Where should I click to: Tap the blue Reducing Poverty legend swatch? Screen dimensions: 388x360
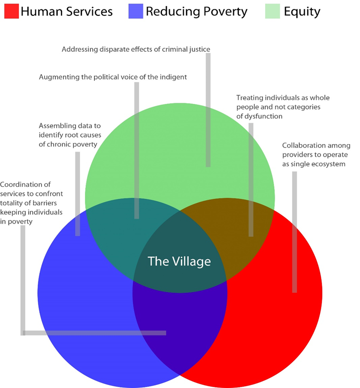[134, 10]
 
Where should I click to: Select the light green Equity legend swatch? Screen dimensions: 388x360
[272, 10]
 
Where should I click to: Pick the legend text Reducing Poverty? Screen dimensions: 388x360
[196, 11]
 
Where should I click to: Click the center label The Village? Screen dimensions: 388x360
[179, 261]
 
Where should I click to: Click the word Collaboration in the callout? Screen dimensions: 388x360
[305, 146]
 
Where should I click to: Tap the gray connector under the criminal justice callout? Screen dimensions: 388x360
[208, 109]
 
